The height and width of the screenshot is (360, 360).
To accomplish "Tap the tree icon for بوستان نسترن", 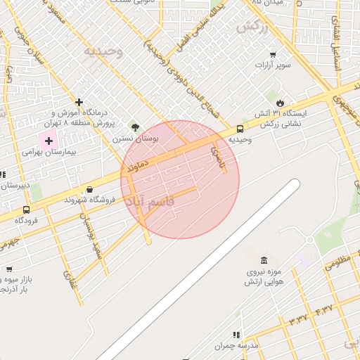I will (134, 127).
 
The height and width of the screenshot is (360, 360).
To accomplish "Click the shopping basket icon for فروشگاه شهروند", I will (89, 189).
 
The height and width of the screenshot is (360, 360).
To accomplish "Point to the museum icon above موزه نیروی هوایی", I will (264, 261).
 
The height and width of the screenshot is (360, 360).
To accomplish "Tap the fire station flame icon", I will (280, 103).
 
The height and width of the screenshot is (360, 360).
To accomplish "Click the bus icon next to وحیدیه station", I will (240, 129).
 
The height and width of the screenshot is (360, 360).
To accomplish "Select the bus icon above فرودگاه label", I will (27, 210).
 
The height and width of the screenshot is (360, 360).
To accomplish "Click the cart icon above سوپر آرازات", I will (273, 55).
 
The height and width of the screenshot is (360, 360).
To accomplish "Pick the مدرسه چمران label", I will (233, 346).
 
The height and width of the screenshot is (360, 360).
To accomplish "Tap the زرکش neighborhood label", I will (253, 27).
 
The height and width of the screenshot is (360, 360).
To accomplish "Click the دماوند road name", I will (137, 166).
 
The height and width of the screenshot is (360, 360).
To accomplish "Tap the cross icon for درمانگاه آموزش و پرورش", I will (79, 102).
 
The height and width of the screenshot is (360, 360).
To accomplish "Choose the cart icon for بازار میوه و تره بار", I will (9, 269).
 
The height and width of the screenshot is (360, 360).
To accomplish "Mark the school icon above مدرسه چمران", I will (236, 335).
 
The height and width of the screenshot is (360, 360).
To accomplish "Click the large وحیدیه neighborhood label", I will (103, 51).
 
